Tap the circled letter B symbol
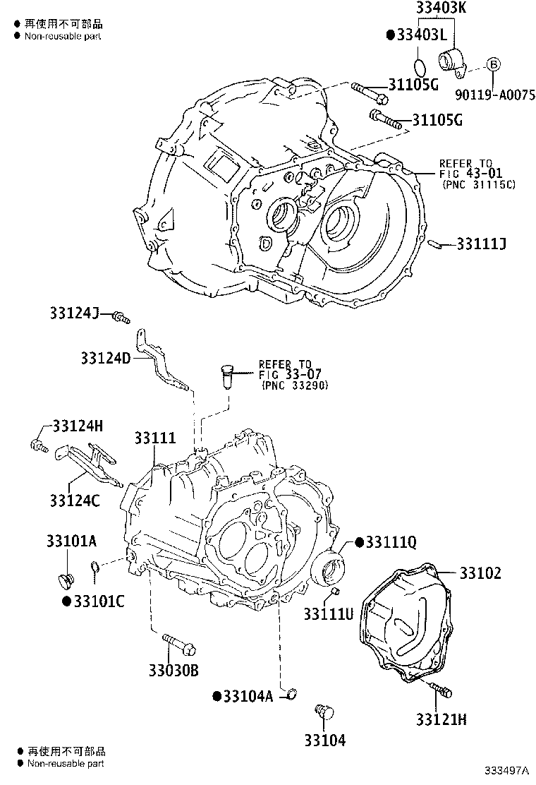point(494,64)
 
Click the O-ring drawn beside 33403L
point(418,67)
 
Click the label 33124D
point(105,358)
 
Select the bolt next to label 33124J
point(123,319)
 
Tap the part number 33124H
point(78,426)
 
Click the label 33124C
point(75,501)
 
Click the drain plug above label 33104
point(325,711)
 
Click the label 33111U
point(328,614)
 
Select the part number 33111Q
point(391,542)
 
